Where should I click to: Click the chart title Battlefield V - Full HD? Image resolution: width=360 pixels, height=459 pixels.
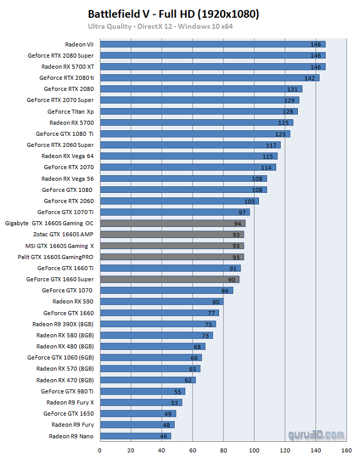pyautogui.click(x=174, y=14)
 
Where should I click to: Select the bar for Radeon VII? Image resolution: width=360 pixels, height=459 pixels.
pyautogui.click(x=212, y=44)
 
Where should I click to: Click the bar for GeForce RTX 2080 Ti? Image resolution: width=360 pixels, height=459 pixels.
pyautogui.click(x=210, y=78)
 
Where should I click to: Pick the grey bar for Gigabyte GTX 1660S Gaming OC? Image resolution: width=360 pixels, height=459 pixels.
pyautogui.click(x=173, y=223)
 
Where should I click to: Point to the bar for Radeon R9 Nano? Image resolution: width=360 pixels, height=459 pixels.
pyautogui.click(x=135, y=436)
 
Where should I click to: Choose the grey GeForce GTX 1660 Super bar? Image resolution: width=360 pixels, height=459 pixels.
pyautogui.click(x=170, y=279)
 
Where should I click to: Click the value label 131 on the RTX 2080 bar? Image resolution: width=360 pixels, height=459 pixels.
pyautogui.click(x=292, y=89)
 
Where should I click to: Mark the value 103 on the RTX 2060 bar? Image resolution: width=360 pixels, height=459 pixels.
pyautogui.click(x=249, y=201)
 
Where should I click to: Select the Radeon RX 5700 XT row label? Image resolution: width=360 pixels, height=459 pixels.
pyautogui.click(x=67, y=67)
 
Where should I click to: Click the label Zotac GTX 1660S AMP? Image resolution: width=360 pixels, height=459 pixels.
pyautogui.click(x=63, y=234)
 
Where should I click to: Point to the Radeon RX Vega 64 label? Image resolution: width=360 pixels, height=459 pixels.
pyautogui.click(x=67, y=156)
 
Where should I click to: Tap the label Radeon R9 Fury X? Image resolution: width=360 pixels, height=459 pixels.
pyautogui.click(x=70, y=402)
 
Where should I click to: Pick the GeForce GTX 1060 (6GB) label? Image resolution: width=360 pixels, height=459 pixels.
pyautogui.click(x=60, y=358)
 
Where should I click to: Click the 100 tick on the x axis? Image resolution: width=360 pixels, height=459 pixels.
pyautogui.click(x=255, y=450)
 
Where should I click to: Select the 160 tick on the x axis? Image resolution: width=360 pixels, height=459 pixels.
pyautogui.click(x=347, y=450)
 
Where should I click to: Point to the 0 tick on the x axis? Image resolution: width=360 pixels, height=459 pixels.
pyautogui.click(x=100, y=450)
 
